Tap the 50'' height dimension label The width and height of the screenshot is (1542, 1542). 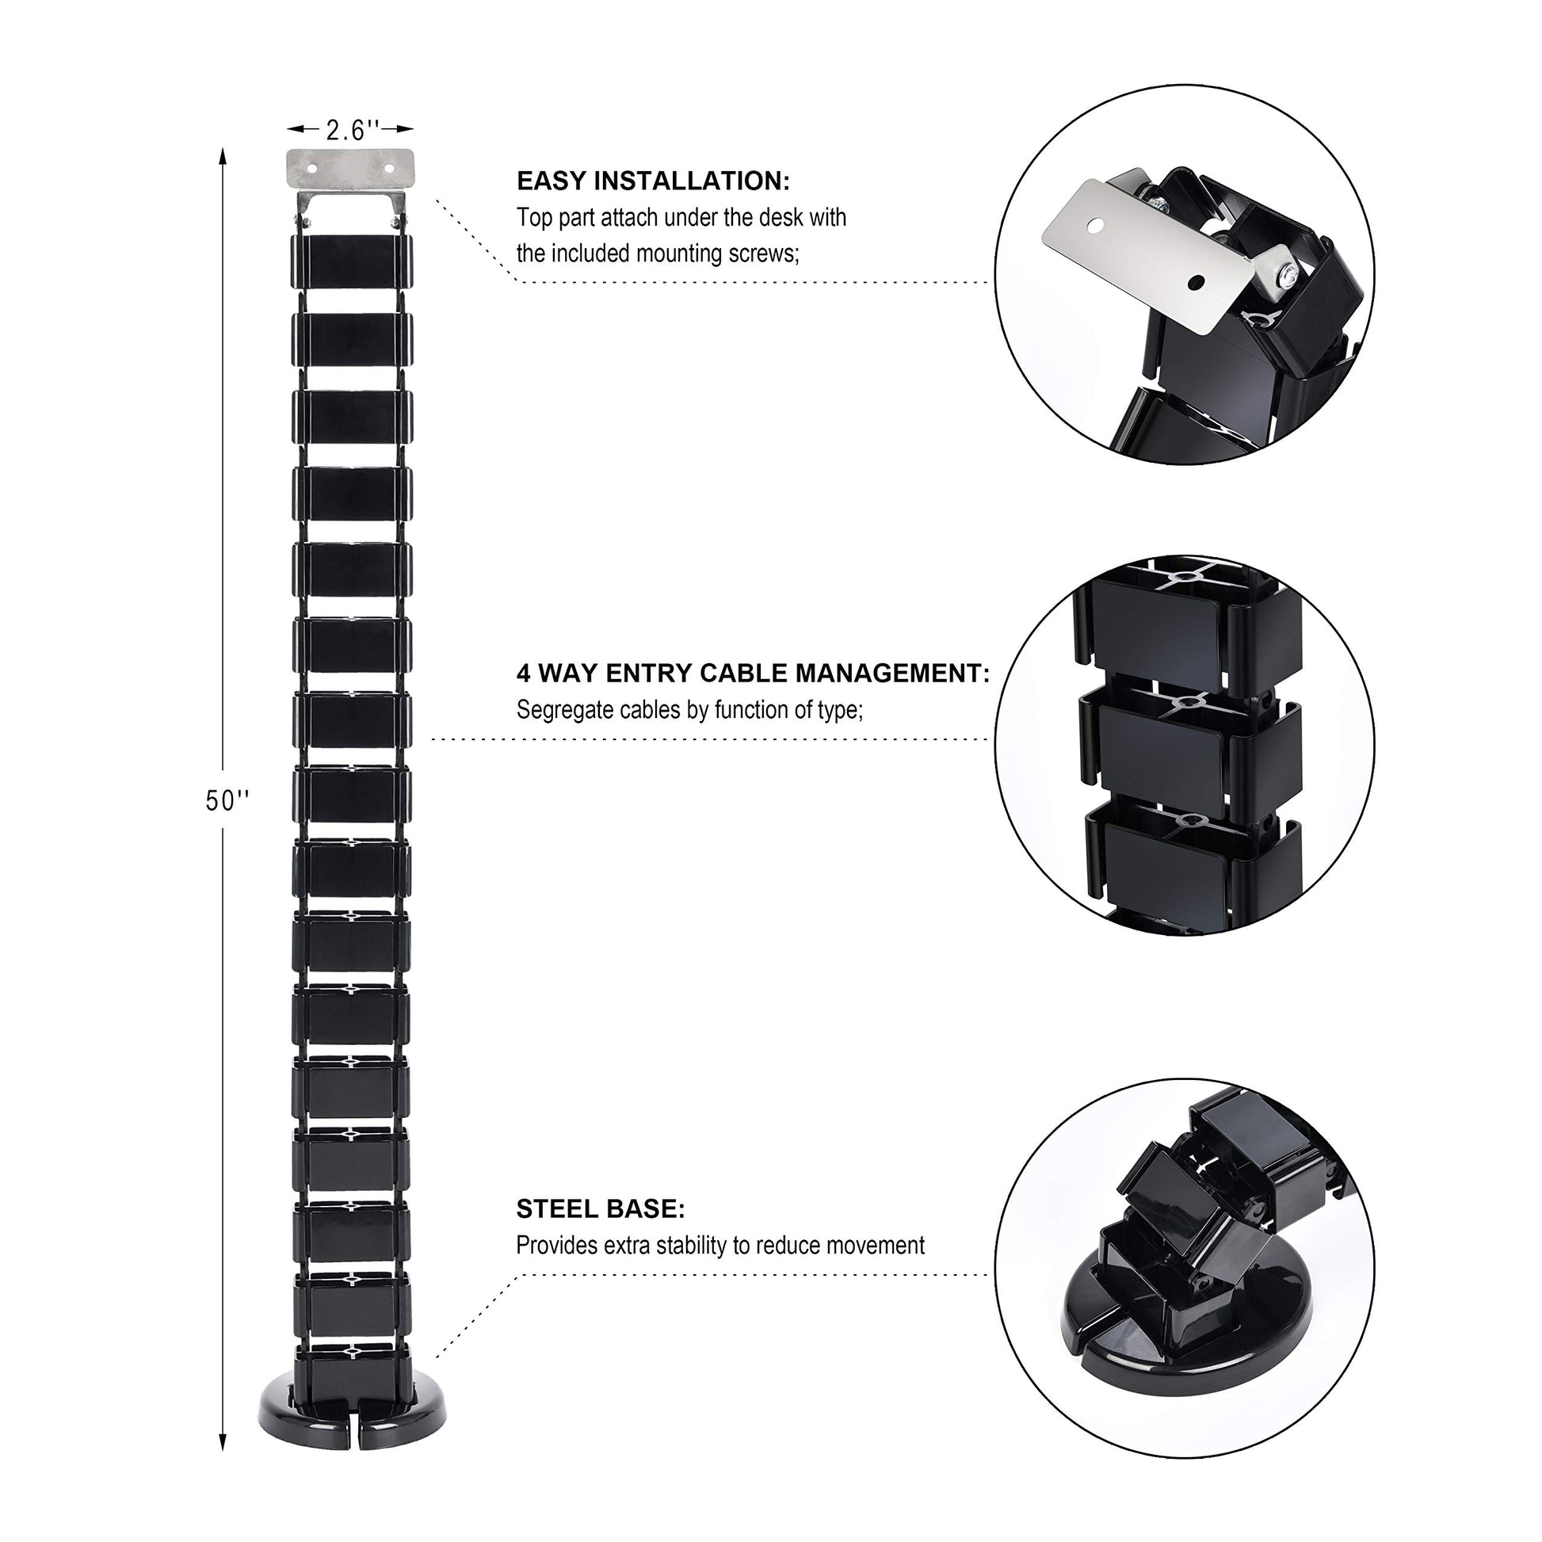tap(227, 800)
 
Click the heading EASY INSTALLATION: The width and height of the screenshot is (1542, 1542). tap(653, 181)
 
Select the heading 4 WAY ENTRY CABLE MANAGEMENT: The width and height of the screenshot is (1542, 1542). tap(753, 674)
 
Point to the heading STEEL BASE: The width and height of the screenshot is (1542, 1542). tap(600, 1209)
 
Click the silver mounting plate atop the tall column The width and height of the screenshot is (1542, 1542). tap(350, 169)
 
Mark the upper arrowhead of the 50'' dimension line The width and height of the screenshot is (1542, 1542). tap(223, 156)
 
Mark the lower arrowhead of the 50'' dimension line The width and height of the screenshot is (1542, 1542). tap(223, 1441)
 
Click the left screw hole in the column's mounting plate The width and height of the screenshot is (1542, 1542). tap(312, 170)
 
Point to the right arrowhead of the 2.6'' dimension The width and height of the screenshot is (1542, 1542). tap(406, 128)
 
